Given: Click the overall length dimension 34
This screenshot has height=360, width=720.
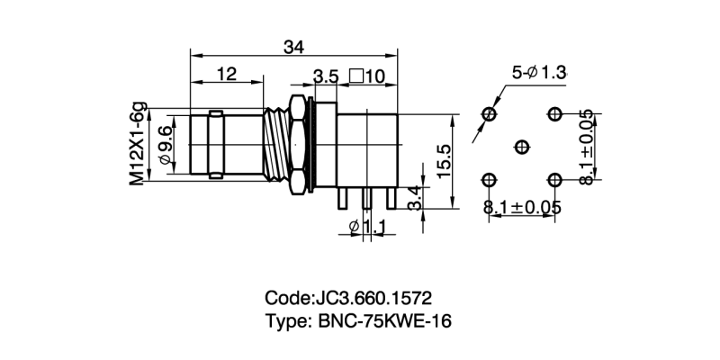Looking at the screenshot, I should tap(293, 47).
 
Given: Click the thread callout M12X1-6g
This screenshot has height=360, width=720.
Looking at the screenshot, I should tap(137, 145).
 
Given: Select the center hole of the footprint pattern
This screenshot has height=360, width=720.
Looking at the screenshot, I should tap(522, 147).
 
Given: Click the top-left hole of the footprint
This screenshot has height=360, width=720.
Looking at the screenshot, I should tap(490, 113).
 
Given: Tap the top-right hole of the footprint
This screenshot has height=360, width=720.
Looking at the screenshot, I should tap(554, 113).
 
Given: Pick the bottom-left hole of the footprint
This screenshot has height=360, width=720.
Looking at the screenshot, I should tap(490, 179).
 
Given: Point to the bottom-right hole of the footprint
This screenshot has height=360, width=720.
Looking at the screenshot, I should tap(554, 179).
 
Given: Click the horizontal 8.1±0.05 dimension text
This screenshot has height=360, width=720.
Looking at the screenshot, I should tap(523, 208).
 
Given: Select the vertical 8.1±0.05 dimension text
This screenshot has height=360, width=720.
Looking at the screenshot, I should tap(588, 147).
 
